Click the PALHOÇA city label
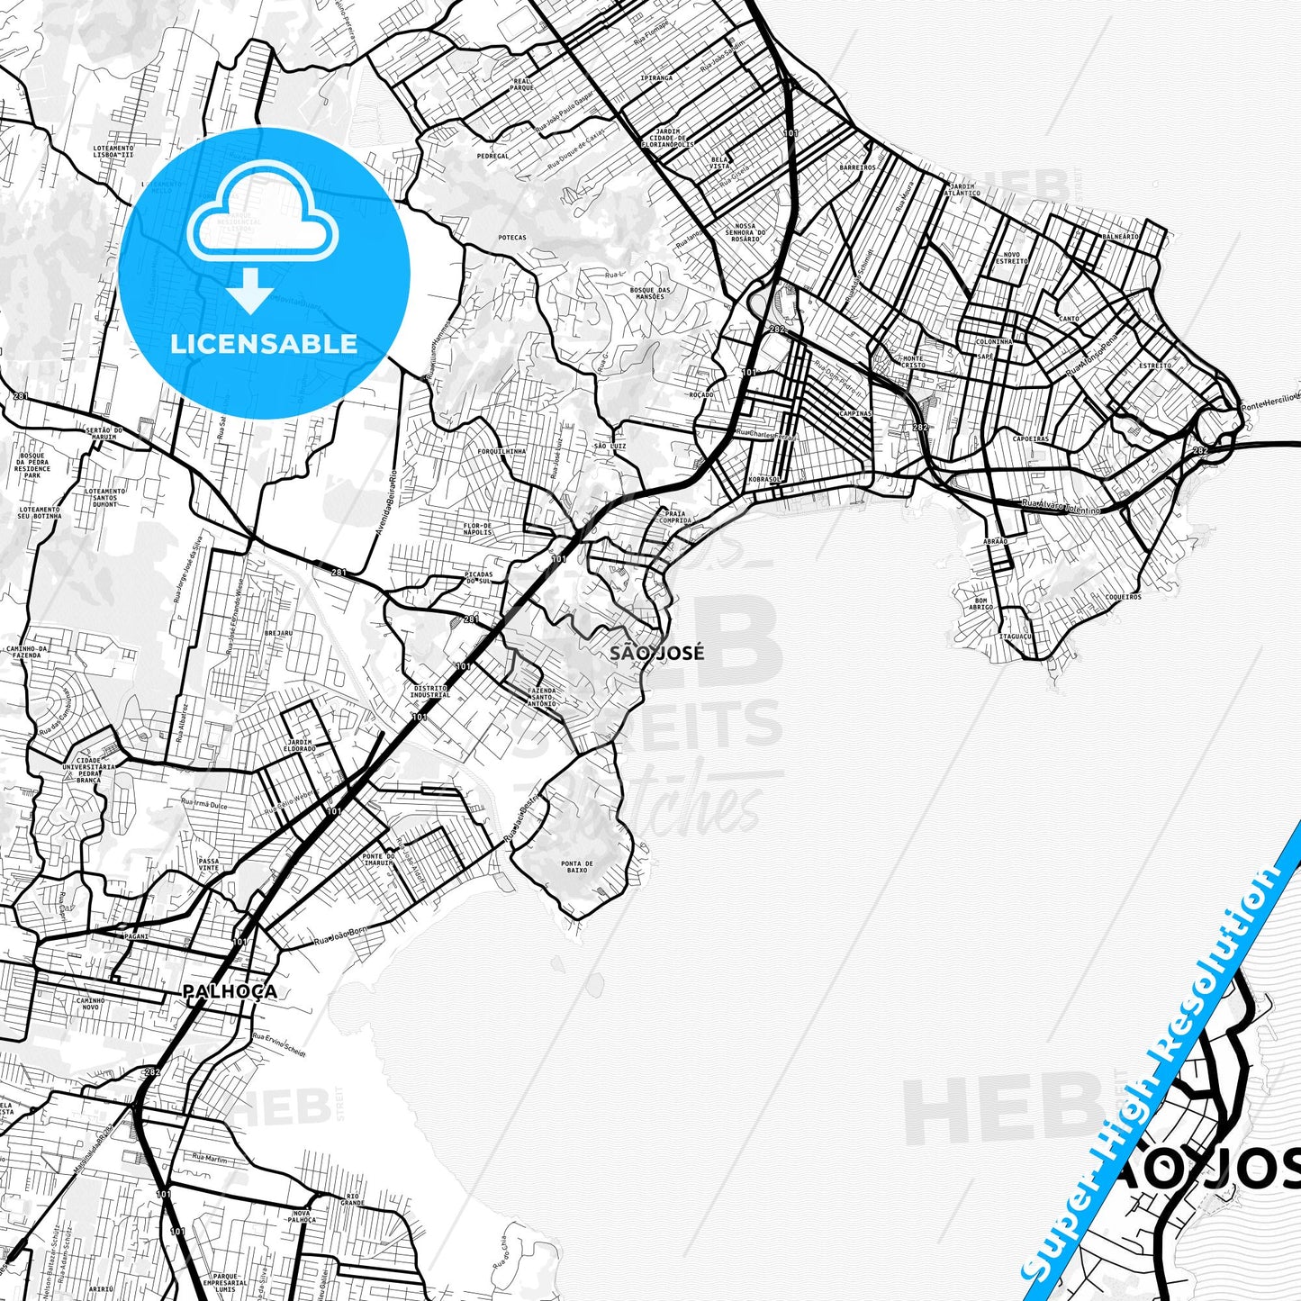pos(230,991)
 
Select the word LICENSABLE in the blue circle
pos(264,343)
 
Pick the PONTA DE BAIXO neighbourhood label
pos(576,867)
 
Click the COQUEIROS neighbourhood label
pos(1123,596)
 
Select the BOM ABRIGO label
pos(981,603)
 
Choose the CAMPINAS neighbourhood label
pos(854,413)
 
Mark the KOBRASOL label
pos(764,479)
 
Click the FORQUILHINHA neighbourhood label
pos(501,450)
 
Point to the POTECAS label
pos(511,238)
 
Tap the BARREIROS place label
pos(857,167)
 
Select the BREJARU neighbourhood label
pos(278,633)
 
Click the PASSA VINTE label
pos(209,864)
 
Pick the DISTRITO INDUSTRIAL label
pos(429,691)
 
